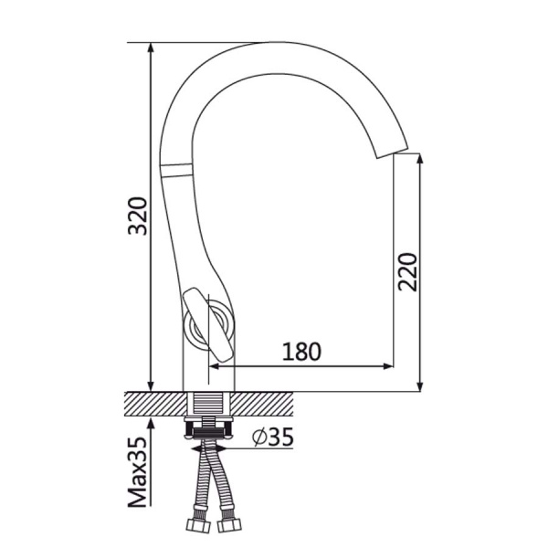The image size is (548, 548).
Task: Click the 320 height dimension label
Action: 138,216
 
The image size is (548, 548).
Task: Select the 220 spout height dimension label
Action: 407,272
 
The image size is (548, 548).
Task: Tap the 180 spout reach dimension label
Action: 301,352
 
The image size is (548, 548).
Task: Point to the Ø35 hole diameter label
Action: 273,437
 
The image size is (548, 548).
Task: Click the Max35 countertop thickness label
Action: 138,472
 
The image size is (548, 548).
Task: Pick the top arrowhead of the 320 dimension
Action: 151,47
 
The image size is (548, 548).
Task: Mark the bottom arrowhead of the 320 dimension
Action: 151,386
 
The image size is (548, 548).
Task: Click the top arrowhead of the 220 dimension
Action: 420,158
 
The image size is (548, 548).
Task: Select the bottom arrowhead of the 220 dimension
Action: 420,386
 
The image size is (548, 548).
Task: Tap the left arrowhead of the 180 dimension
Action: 214,366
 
